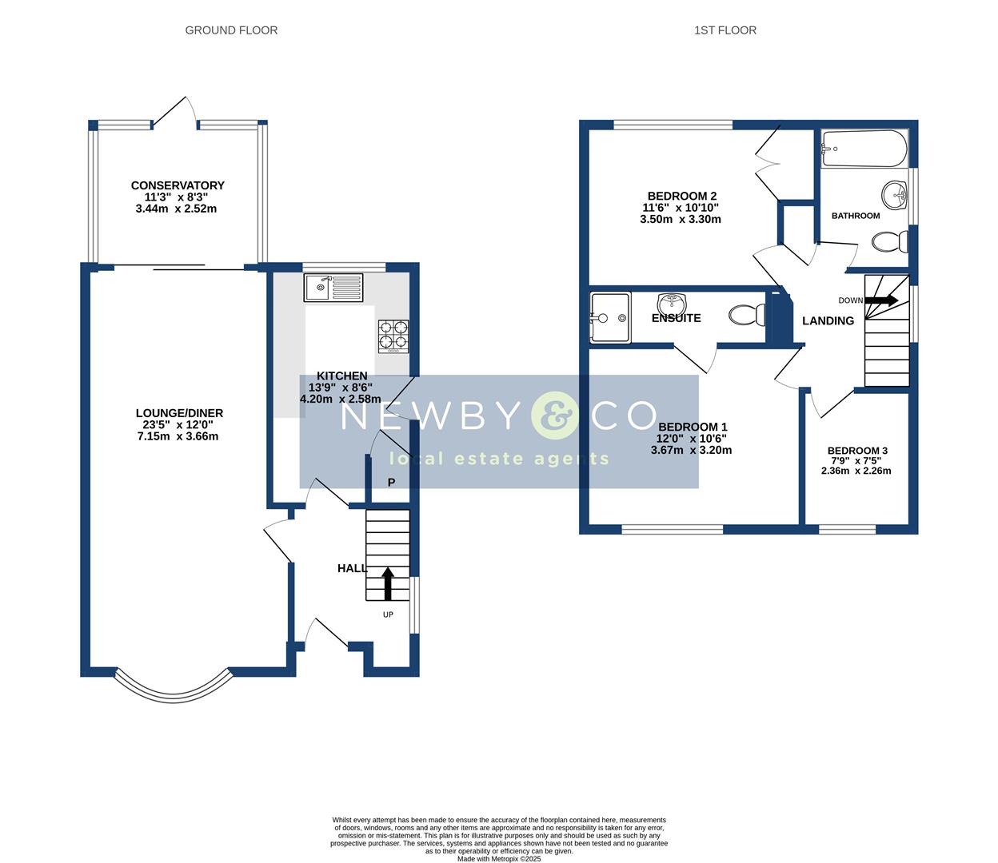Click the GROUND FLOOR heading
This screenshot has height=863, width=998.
pos(231,30)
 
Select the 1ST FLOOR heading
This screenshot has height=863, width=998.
pos(725,30)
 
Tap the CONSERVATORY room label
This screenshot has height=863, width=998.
pos(178,185)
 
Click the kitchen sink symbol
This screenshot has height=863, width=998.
pos(333,287)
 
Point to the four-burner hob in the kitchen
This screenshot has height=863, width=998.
pos(393,336)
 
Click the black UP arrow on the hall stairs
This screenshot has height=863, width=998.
pos(388,583)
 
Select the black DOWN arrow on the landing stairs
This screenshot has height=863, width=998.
pos(882,300)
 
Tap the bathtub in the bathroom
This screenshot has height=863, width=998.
pos(864,149)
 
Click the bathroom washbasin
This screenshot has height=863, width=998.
pos(895,193)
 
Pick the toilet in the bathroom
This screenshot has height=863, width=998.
pos(889,241)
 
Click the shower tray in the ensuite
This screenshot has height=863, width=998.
pos(609,317)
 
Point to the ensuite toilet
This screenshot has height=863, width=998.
pos(748,316)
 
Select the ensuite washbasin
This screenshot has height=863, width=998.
pos(672,304)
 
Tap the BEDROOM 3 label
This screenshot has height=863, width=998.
pos(857,451)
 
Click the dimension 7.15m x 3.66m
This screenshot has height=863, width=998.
pos(178,436)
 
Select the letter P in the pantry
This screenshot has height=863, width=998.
pos(392,483)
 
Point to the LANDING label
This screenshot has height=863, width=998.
pos(828,320)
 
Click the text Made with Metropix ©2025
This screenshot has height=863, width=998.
pos(499,859)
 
